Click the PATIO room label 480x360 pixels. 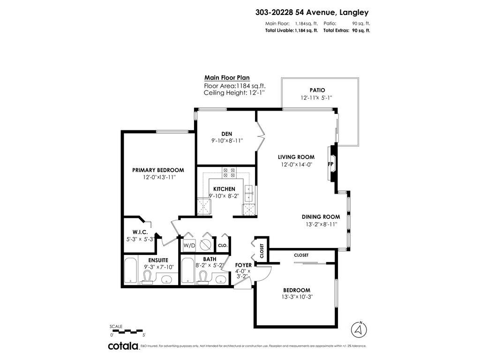[317, 90]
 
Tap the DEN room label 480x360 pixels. [227, 134]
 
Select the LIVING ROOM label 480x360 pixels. [296, 157]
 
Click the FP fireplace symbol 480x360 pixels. [330, 164]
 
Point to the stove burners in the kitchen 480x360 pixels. [229, 172]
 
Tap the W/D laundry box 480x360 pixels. [189, 245]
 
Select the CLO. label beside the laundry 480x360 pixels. [223, 245]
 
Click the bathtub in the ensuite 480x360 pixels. [131, 271]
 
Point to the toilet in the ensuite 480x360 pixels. [148, 277]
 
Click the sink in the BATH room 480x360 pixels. [221, 279]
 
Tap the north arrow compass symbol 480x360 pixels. [359, 330]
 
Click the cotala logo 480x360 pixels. [123, 346]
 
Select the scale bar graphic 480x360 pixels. [127, 331]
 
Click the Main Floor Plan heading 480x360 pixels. [227, 78]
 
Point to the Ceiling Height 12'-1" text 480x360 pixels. [234, 93]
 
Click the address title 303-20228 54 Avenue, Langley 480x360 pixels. [312, 12]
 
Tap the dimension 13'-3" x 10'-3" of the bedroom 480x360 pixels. [297, 297]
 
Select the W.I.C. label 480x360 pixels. [140, 232]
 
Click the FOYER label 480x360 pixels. [243, 265]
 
